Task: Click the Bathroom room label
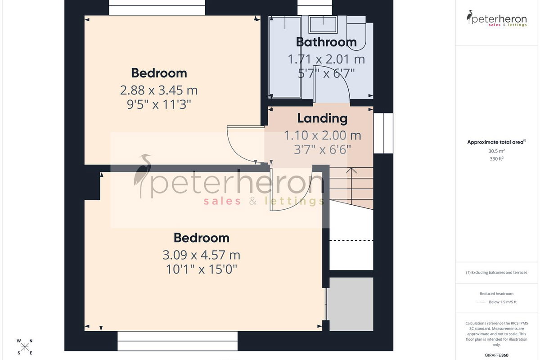coord(326,42)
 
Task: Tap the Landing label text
coord(322,118)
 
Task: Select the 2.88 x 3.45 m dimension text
coord(159,90)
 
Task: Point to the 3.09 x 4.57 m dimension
coord(201,255)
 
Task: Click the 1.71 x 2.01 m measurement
coord(326,59)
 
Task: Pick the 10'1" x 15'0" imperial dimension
coord(202,270)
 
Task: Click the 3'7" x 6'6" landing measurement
coord(322,150)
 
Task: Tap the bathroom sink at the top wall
coord(323,24)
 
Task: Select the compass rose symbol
coord(25,347)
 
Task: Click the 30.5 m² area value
coord(496,151)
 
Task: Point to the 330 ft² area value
coord(496,159)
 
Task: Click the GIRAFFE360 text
coord(496,355)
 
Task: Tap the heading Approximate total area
coord(496,142)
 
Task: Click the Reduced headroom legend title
coord(496,294)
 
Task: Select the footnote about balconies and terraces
coord(496,272)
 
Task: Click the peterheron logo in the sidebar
coord(496,18)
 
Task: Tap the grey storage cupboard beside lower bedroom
coord(351,304)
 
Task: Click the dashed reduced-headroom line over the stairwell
coord(351,240)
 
